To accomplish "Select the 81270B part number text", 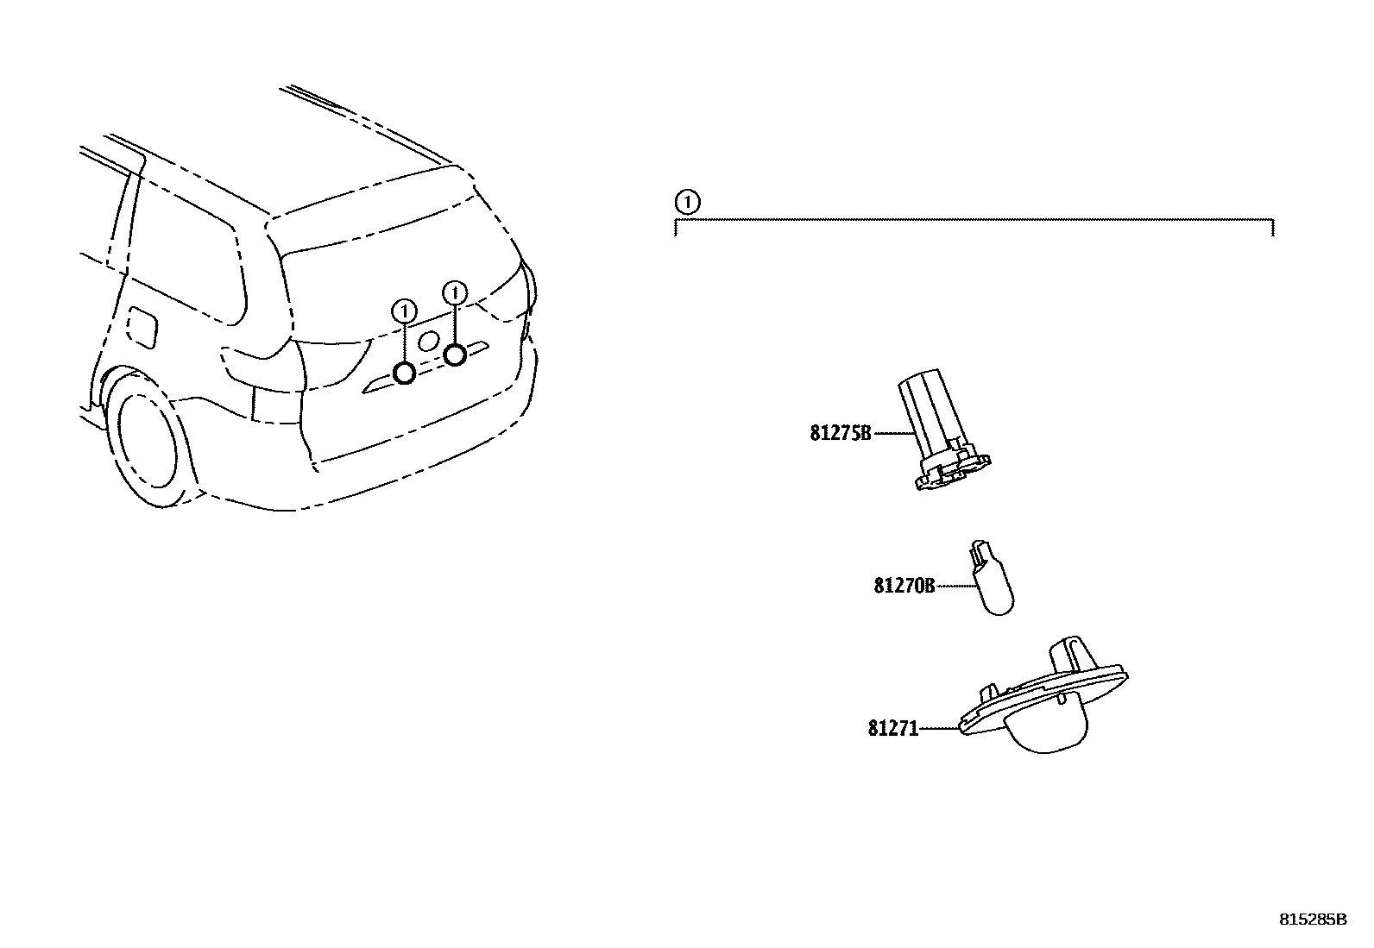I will pos(904,586).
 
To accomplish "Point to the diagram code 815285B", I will pos(1312,920).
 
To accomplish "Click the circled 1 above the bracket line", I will pos(686,204).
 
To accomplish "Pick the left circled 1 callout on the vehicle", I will pos(403,311).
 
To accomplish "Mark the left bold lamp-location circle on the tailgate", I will pos(404,373).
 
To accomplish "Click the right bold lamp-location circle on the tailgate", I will pos(455,354).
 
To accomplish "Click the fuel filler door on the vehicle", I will pos(142,326).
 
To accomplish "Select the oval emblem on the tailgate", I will pos(428,342).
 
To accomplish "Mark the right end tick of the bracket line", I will pos(1273,226).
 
